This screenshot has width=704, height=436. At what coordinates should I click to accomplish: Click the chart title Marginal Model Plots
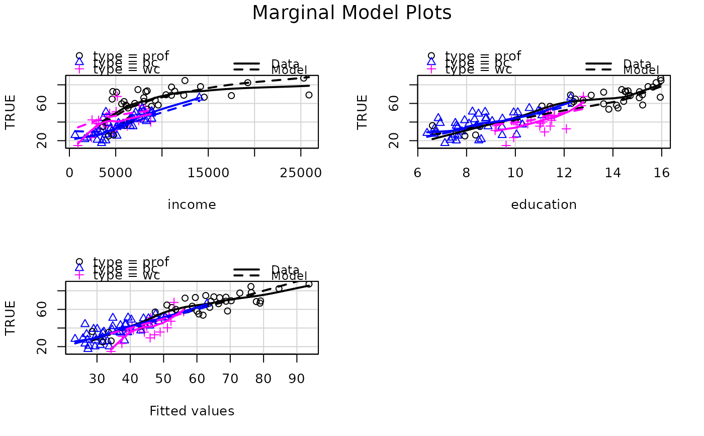click(x=351, y=13)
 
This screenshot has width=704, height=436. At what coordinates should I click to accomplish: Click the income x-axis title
click(x=192, y=205)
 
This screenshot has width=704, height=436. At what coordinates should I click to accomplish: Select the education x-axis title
click(x=544, y=205)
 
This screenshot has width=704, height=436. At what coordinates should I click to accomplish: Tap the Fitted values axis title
click(x=192, y=411)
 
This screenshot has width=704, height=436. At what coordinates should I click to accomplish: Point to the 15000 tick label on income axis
click(x=208, y=173)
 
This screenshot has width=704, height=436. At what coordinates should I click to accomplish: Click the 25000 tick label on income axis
click(x=301, y=173)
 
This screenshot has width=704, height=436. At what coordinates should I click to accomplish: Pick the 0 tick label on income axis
click(x=69, y=173)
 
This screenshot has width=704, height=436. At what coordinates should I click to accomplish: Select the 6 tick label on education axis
click(x=417, y=173)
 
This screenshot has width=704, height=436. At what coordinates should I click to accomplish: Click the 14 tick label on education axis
click(x=612, y=173)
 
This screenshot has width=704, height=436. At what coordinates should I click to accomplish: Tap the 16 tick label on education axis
click(x=661, y=173)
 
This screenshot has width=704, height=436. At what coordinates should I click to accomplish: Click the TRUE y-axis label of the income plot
click(x=11, y=112)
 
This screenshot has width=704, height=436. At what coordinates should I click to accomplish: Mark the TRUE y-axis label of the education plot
click(x=363, y=112)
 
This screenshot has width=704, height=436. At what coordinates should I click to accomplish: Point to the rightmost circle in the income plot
click(x=309, y=95)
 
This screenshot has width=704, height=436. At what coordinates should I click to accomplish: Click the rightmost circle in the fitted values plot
click(x=309, y=284)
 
